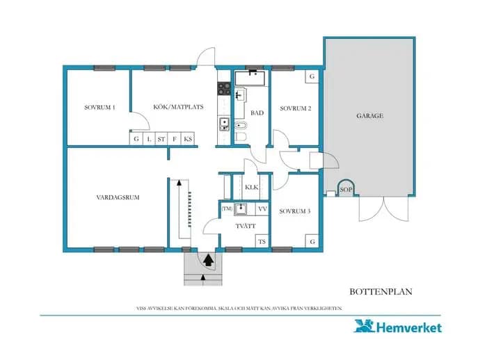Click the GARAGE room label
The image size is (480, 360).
(369, 116)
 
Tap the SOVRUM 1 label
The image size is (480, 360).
(99, 107)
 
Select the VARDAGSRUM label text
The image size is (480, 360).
(118, 197)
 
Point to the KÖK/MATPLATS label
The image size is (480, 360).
(179, 107)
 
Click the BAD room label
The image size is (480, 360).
(257, 113)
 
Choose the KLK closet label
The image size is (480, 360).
(252, 187)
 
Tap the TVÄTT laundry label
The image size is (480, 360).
(246, 227)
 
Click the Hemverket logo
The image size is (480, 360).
(398, 327)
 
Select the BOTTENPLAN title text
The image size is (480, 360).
(381, 291)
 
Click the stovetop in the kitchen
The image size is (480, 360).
(224, 88)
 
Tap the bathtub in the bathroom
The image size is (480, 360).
(250, 79)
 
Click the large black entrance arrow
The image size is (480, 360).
(209, 260)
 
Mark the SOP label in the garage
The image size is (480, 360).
(346, 190)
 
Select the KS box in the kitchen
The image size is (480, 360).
(188, 139)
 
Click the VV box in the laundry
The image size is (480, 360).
(262, 209)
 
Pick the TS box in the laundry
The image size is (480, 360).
(262, 241)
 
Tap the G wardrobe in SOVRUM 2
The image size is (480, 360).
(312, 76)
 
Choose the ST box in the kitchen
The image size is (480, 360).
(161, 139)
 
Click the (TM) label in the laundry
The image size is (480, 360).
(227, 209)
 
